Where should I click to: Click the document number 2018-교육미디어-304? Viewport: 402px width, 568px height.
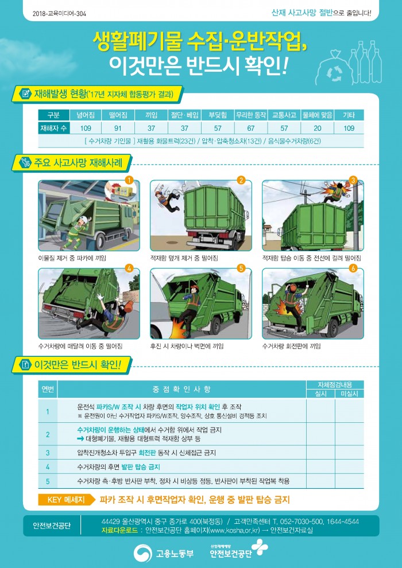(60, 14)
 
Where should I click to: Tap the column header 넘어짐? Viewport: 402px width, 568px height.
(86, 115)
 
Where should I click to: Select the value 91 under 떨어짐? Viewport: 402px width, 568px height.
(118, 129)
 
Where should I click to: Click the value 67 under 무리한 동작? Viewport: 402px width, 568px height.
(251, 129)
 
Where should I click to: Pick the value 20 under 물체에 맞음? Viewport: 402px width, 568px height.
(318, 129)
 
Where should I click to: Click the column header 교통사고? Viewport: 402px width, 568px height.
(284, 115)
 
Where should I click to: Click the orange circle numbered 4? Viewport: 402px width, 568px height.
(129, 269)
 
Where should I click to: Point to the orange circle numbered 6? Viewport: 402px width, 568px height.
(353, 269)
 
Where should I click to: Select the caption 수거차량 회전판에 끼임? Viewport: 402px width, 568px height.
(291, 347)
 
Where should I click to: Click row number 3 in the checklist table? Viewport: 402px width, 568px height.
(48, 453)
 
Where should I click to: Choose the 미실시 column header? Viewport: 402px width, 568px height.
(349, 394)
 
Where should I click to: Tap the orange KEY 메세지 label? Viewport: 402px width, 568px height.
(66, 500)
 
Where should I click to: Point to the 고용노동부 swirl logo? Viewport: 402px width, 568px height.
(142, 554)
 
